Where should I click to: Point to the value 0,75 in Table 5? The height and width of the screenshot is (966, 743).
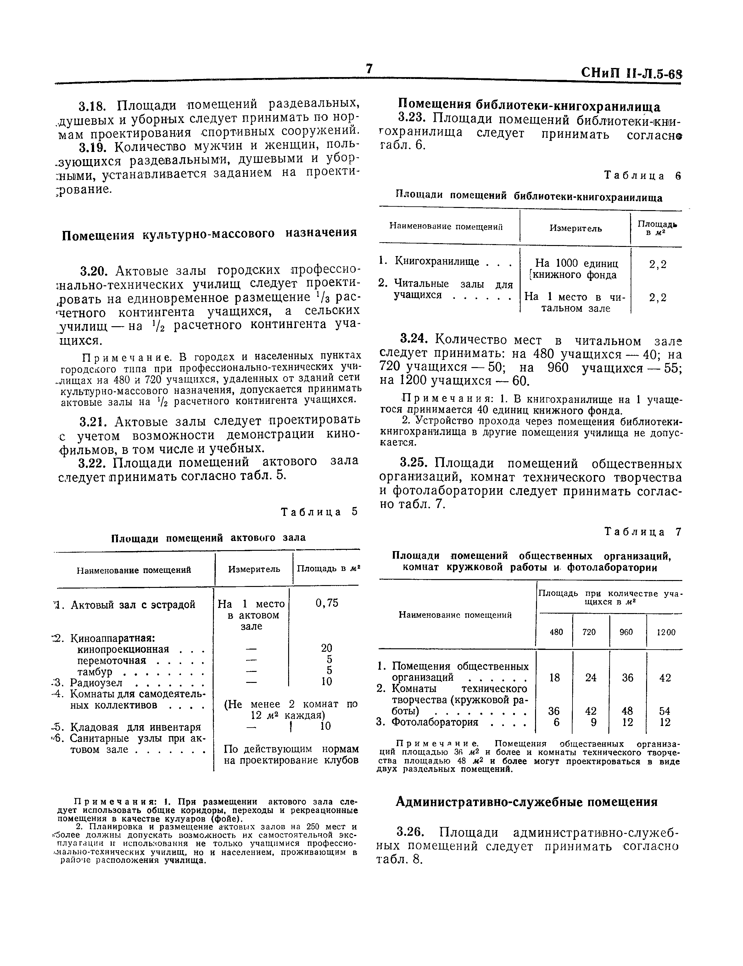point(327,603)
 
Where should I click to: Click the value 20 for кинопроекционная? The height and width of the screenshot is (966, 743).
point(327,648)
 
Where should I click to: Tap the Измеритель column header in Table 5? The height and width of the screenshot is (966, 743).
point(254,569)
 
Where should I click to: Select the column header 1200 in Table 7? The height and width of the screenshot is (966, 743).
point(666,633)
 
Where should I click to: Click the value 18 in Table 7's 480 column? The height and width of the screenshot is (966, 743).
point(554,678)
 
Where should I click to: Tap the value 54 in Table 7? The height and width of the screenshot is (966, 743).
point(665,711)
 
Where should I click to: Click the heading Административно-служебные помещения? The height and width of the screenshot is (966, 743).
point(526,802)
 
